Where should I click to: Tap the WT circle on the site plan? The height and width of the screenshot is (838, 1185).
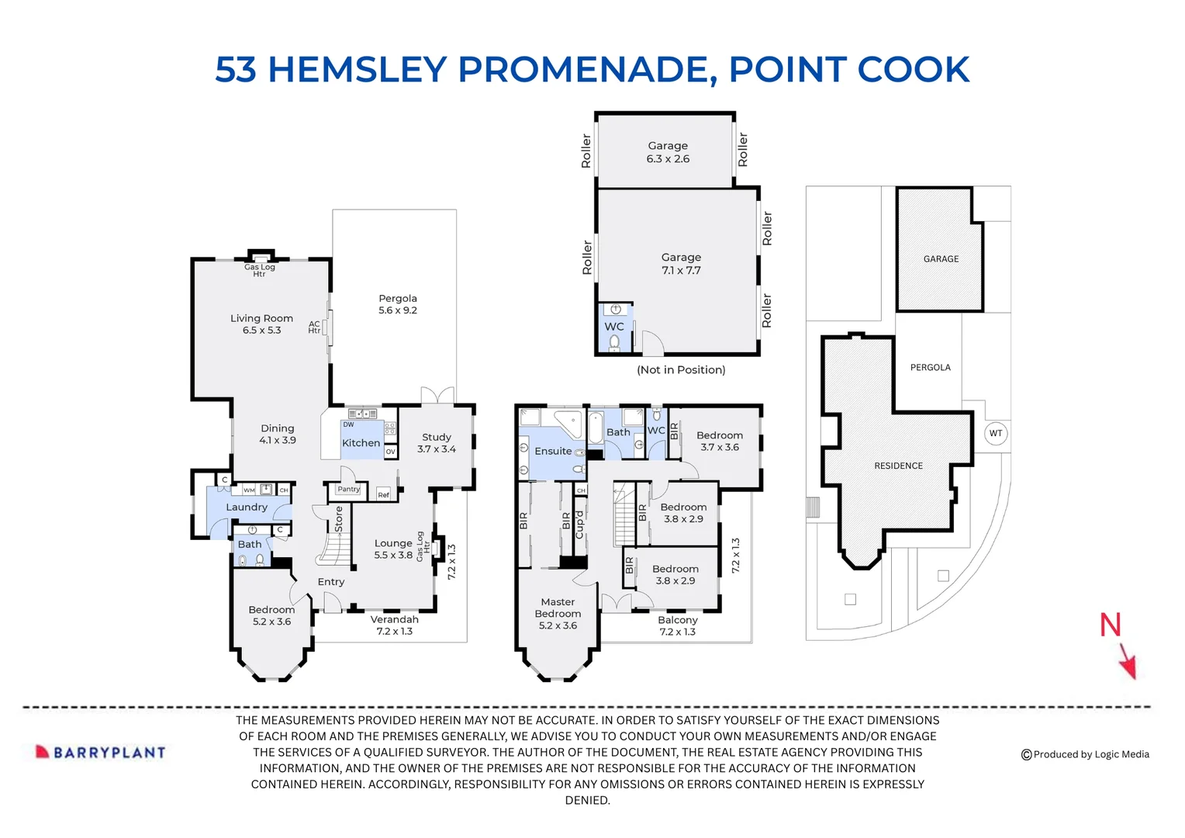(996, 434)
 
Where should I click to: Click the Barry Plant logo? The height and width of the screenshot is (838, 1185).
(100, 752)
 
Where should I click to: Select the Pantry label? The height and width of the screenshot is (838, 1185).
(349, 489)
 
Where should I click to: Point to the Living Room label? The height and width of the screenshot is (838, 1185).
(261, 324)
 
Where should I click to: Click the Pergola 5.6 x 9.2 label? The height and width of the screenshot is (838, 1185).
(398, 304)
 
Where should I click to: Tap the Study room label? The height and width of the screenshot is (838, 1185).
(437, 443)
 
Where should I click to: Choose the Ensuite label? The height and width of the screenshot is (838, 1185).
(553, 451)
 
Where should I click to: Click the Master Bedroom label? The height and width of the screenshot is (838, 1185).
(558, 614)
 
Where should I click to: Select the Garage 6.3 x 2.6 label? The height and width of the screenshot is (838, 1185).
(668, 152)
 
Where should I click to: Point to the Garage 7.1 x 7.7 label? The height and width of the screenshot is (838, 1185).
(681, 264)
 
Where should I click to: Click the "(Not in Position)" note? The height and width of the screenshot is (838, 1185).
(681, 369)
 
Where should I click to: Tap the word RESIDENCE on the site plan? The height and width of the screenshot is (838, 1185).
(898, 466)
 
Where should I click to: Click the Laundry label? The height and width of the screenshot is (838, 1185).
(247, 507)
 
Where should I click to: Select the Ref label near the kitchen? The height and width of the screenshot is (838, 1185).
(384, 495)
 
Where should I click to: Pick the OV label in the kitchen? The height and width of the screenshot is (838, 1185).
(390, 452)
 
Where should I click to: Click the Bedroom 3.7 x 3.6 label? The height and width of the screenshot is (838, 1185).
(720, 441)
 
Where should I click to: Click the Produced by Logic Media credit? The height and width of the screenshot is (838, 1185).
(1085, 754)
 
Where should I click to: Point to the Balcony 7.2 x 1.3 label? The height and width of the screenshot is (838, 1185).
(678, 625)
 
